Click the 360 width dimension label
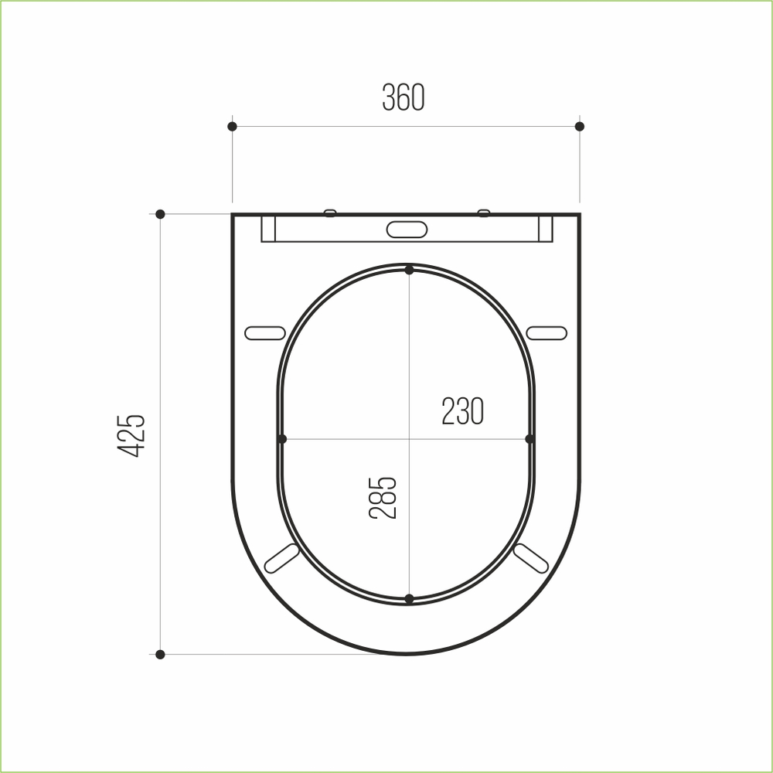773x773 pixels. pyautogui.click(x=404, y=97)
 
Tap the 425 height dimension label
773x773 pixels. pyautogui.click(x=131, y=436)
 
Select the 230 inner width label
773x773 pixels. pyautogui.click(x=462, y=410)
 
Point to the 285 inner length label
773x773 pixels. pyautogui.click(x=383, y=498)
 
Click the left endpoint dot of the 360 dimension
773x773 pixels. pyautogui.click(x=232, y=126)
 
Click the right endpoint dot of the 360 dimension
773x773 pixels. pyautogui.click(x=580, y=126)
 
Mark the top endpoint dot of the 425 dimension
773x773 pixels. pyautogui.click(x=160, y=214)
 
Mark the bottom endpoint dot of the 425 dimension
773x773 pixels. pyautogui.click(x=160, y=655)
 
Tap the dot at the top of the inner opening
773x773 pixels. pyautogui.click(x=409, y=270)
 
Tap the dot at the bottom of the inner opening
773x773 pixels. pyautogui.click(x=409, y=599)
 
